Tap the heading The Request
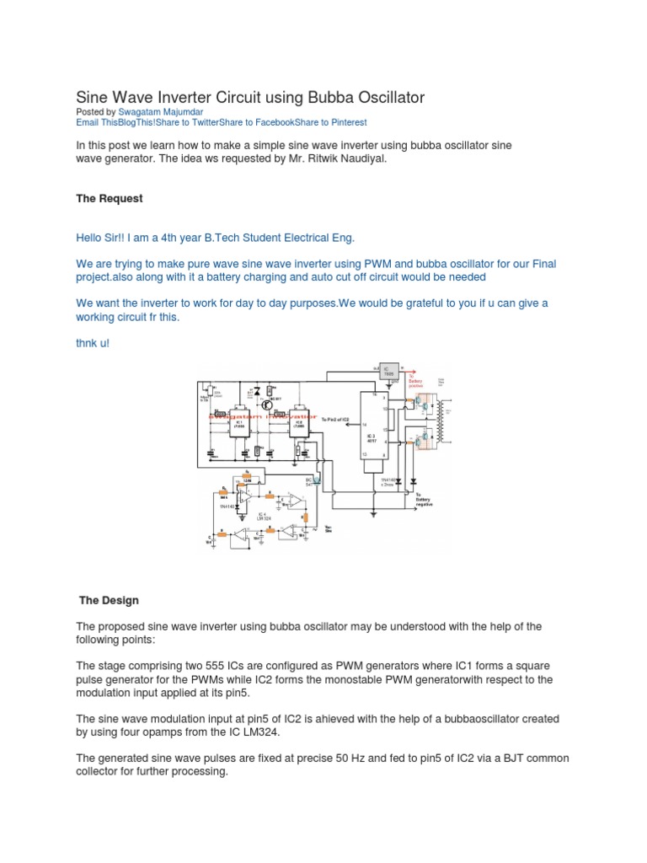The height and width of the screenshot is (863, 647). click(x=110, y=198)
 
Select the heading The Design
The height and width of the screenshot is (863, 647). click(x=109, y=601)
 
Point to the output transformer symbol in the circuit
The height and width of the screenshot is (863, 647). click(x=436, y=421)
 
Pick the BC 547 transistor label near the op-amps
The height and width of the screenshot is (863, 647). click(x=313, y=481)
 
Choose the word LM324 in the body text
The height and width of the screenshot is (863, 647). click(x=255, y=732)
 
